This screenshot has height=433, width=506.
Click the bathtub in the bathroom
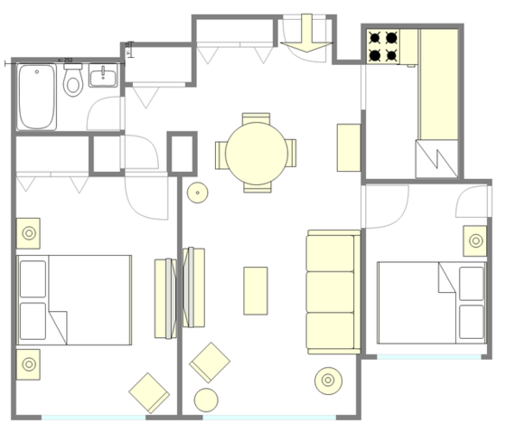click(37, 96)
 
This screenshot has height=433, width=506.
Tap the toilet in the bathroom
click(73, 81)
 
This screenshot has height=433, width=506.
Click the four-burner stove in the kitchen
click(383, 47)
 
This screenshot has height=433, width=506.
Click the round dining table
click(256, 153)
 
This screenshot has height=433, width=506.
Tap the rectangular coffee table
click(256, 290)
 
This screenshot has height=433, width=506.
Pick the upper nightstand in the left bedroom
click(28, 233)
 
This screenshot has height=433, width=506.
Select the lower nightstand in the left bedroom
click(28, 363)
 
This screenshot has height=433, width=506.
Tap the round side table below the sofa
click(327, 381)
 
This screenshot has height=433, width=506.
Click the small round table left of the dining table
click(197, 192)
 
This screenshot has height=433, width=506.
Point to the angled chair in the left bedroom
click(149, 392)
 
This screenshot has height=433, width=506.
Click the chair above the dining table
click(256, 118)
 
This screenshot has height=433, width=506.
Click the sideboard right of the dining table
click(349, 147)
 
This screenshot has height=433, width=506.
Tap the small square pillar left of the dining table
click(183, 153)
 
